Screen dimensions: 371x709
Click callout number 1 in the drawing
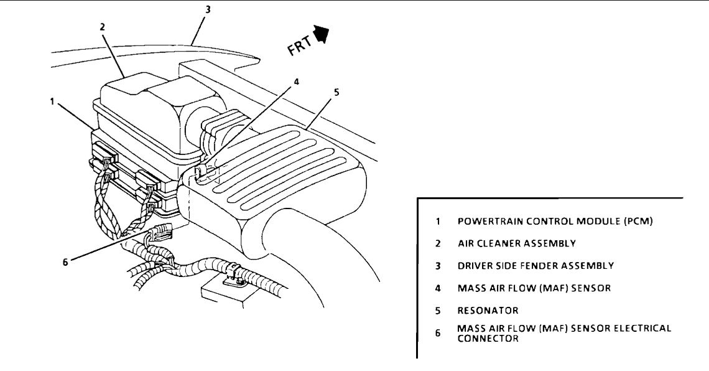pos(53,101)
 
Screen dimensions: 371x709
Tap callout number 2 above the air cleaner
pos(101,27)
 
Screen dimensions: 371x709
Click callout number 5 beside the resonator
pos(336,92)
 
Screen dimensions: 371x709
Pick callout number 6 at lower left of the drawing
pos(65,261)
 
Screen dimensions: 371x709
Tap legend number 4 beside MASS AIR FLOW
pos(438,288)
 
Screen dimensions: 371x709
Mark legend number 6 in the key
pos(438,333)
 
